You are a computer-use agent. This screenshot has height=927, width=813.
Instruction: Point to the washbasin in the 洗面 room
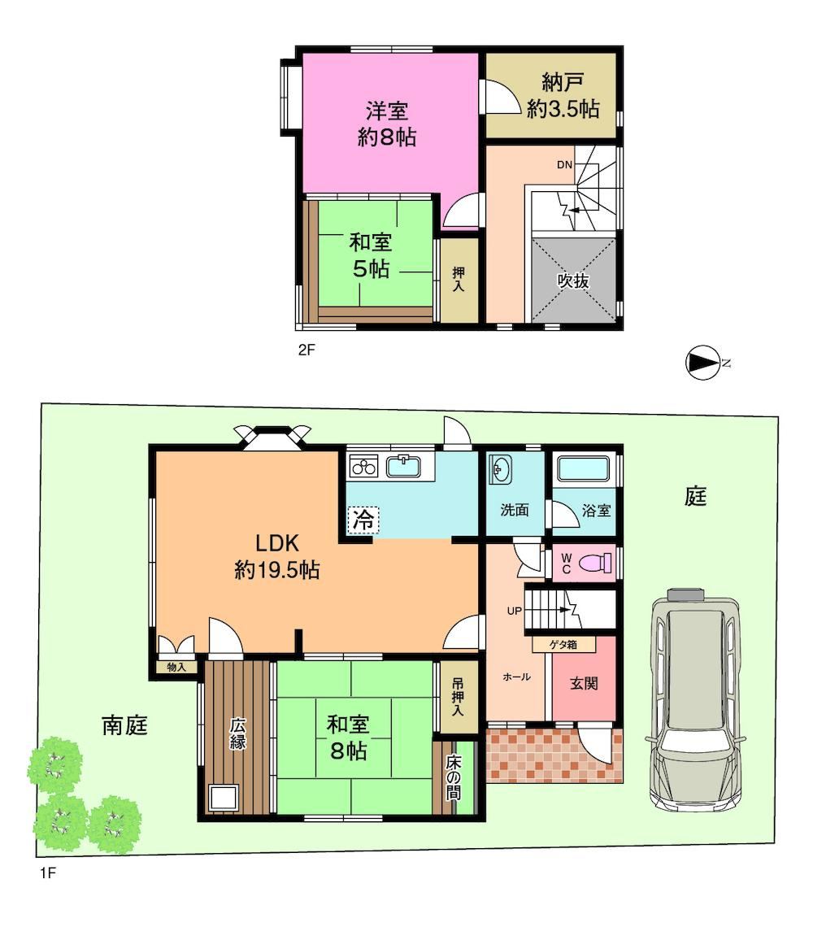point(500,471)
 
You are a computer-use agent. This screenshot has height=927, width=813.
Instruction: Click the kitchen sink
point(404,466)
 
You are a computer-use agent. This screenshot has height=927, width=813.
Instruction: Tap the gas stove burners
point(363,467)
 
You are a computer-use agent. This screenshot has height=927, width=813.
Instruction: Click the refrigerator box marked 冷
point(363,520)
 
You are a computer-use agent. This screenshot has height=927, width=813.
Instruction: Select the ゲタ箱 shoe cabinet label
point(563,644)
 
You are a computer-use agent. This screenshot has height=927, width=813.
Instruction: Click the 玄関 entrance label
point(584,683)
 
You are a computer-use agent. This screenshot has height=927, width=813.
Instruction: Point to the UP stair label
point(514,611)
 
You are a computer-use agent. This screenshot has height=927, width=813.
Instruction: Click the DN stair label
point(565,165)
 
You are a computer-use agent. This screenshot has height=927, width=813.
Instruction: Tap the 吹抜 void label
point(573,281)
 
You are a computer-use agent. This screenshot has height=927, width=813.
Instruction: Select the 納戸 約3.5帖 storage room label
point(563,96)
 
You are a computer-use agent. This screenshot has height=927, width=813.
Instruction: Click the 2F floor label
point(307,350)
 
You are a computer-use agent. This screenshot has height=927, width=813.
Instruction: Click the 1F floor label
point(48,873)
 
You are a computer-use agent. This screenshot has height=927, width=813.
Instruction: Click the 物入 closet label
point(176,667)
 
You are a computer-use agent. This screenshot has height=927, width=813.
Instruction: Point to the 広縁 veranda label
point(237,733)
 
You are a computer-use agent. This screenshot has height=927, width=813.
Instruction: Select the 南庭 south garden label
point(124,725)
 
